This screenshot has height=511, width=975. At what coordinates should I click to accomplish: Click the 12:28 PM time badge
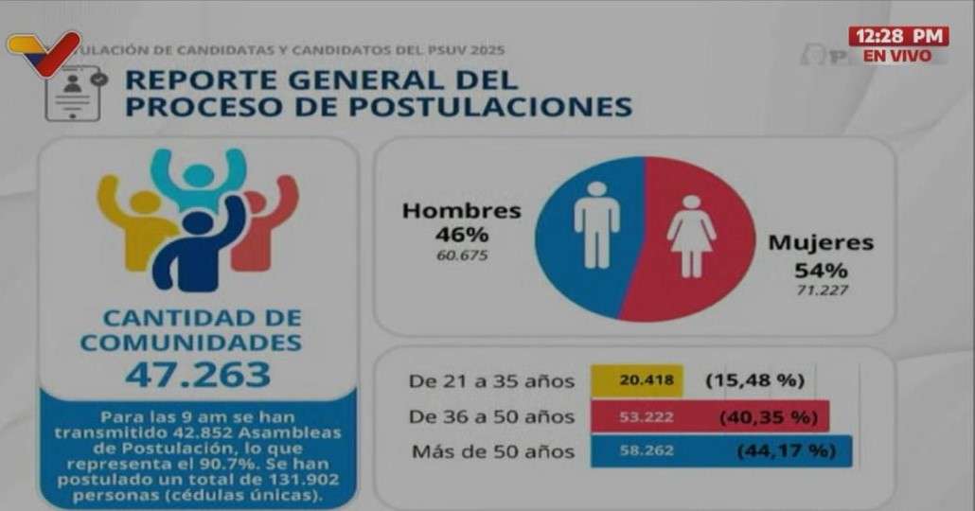pos(897,36)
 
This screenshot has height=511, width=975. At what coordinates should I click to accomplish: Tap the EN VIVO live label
pos(897,56)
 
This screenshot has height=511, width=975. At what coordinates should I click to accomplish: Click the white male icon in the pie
pos(596,225)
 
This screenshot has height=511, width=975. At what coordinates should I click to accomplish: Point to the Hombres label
pos(461,211)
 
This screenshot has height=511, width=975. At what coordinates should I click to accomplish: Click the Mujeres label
pos(820,242)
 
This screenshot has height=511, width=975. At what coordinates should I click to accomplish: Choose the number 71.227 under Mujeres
pos(820,289)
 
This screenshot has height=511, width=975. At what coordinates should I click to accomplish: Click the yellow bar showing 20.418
pos(637,381)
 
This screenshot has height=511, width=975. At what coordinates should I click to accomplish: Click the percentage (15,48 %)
pos(754,381)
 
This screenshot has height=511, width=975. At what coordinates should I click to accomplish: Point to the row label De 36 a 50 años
pos(491,416)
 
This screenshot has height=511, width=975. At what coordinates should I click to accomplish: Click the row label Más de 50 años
pos(492,451)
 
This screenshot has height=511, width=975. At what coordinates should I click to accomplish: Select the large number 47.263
pos(197,375)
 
